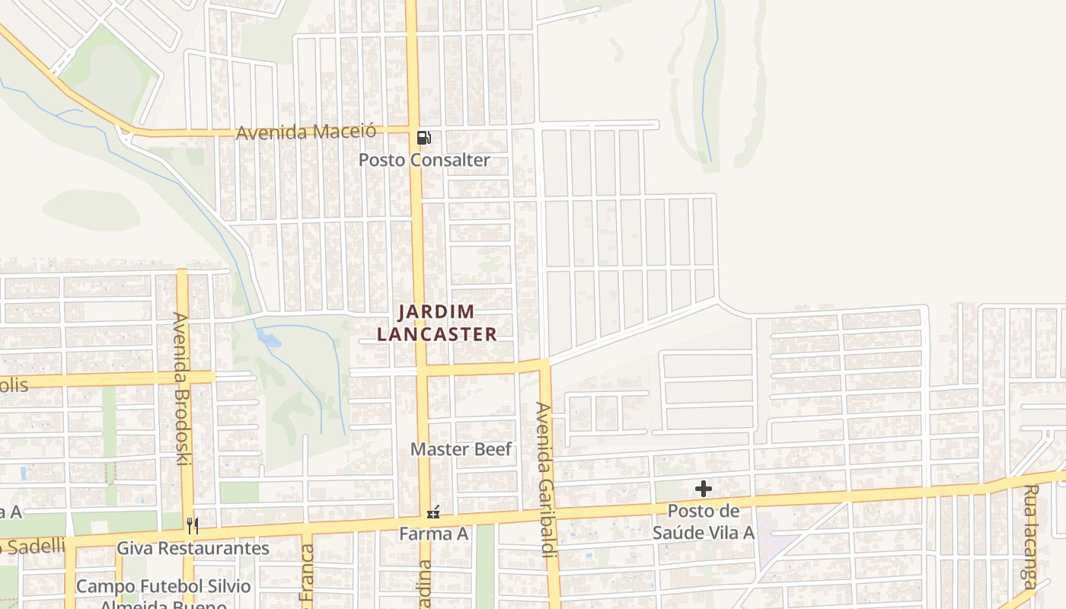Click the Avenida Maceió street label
click(x=306, y=132)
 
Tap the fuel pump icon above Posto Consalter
click(x=424, y=138)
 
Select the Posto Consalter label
click(x=424, y=160)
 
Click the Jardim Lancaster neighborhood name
click(x=437, y=323)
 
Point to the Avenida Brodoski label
click(x=180, y=388)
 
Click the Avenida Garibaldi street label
click(x=544, y=480)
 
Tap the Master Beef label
click(x=461, y=449)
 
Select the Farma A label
click(x=434, y=534)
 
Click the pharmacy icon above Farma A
click(x=433, y=512)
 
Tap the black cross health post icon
click(x=704, y=489)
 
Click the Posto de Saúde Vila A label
click(x=704, y=521)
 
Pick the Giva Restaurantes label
click(x=193, y=548)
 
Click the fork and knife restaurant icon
click(x=193, y=525)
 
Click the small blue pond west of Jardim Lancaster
click(x=267, y=336)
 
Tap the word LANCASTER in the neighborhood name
click(x=437, y=334)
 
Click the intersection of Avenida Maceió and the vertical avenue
click(x=412, y=129)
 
